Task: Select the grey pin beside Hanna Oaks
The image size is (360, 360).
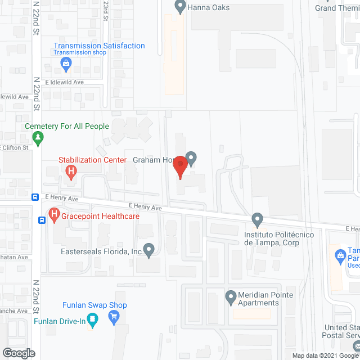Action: tap(180, 7)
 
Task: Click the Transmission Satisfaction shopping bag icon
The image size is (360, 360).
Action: tap(66, 64)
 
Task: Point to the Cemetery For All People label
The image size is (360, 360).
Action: tap(67, 126)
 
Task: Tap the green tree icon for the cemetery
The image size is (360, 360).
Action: tap(38, 138)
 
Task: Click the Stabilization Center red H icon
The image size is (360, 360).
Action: tap(71, 171)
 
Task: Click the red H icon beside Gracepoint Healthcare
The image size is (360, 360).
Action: tap(54, 214)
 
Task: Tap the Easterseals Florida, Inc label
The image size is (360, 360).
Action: tap(101, 252)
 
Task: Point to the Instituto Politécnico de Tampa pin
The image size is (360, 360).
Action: tap(257, 219)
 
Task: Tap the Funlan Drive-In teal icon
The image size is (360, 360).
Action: tap(93, 321)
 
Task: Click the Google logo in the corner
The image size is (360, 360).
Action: tap(18, 353)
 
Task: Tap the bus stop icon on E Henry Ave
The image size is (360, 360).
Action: tap(35, 197)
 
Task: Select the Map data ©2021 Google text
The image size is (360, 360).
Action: tap(324, 355)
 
